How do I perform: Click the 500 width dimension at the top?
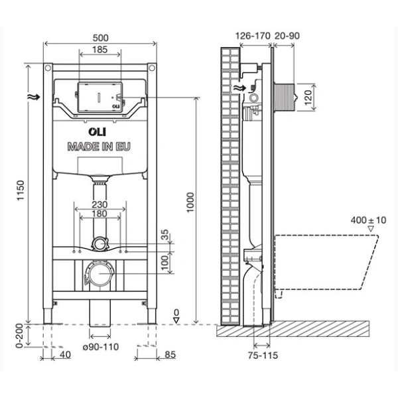99,38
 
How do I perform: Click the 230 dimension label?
99,206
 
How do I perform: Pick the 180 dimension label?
99,214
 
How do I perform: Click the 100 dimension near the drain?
165,263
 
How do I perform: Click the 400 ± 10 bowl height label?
370,220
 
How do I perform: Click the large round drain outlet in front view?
99,273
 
